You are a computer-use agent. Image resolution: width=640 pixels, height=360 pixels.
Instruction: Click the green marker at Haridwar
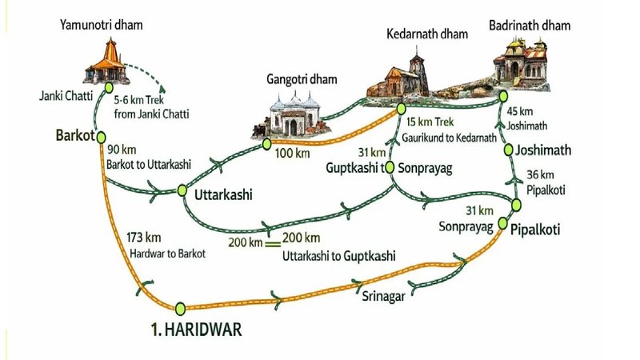[x=180, y=307]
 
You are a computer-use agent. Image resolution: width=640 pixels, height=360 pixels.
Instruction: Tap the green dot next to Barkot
[x=100, y=135]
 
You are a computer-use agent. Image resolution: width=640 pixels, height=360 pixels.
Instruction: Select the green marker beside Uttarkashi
[x=182, y=190]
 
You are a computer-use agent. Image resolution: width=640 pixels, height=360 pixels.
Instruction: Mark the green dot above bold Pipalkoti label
[x=503, y=222]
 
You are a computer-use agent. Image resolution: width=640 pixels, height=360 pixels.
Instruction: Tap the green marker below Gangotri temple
[x=267, y=145]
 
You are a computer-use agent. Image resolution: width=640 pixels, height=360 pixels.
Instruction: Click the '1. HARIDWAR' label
[x=195, y=329]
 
